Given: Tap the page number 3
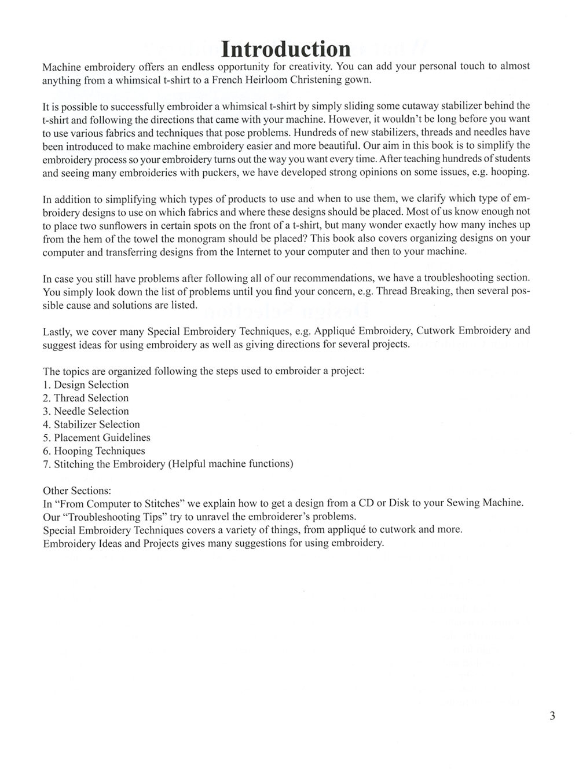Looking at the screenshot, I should (x=552, y=716).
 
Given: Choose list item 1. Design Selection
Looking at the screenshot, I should (x=86, y=385).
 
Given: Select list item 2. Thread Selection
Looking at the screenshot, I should (x=86, y=398).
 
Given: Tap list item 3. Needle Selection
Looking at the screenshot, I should (x=86, y=411).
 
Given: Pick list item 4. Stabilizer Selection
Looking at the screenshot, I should (x=91, y=425).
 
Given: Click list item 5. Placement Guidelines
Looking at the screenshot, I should (x=96, y=438).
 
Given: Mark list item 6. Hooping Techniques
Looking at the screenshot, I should (x=94, y=451).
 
